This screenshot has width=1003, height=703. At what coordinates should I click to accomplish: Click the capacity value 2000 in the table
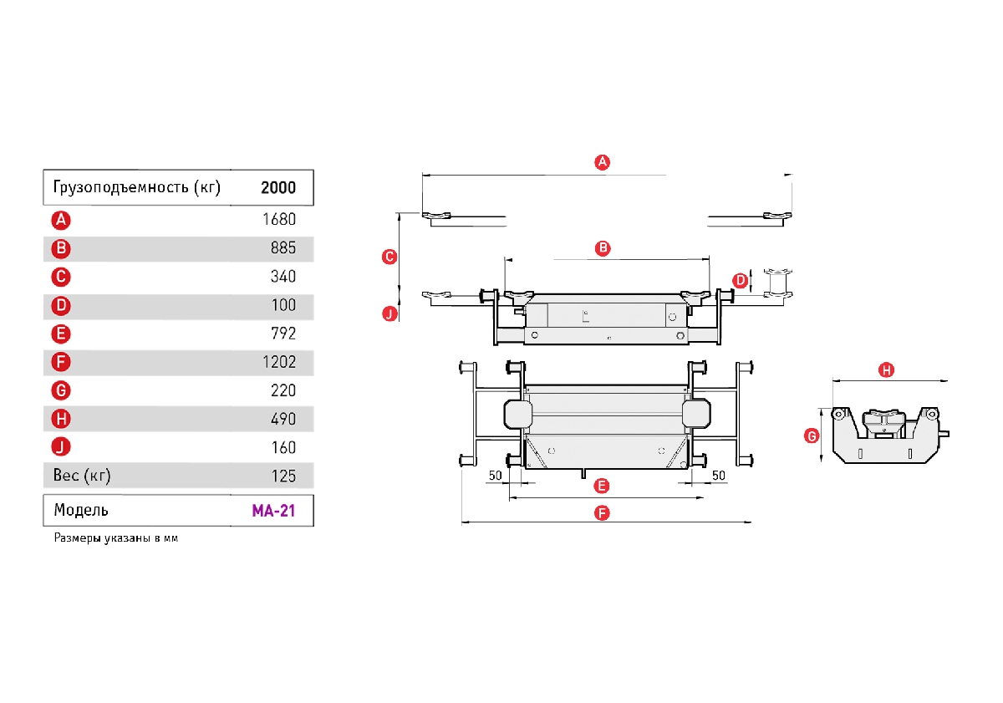277,187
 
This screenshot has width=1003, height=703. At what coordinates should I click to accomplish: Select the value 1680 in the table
278,221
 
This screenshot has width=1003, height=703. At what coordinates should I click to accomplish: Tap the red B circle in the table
60,249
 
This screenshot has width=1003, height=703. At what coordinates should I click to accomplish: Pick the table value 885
283,249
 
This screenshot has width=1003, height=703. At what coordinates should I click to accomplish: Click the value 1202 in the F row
278,362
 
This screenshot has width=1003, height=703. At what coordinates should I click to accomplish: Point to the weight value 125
283,476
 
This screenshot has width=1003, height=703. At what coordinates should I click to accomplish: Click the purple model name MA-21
272,510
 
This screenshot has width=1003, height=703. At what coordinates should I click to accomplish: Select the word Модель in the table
81,510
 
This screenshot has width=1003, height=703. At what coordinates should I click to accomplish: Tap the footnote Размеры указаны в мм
116,538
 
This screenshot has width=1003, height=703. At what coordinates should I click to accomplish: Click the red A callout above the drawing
602,162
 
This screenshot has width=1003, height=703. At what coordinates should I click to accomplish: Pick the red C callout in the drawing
389,257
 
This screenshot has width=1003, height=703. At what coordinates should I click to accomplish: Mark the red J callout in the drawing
389,314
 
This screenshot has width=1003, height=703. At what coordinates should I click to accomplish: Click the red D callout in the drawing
740,280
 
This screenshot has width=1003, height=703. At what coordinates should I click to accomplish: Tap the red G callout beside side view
810,436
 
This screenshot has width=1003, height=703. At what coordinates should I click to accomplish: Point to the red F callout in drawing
602,513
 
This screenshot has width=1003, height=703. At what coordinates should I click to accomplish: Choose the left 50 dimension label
495,475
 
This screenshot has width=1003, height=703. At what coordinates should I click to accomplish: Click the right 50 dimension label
718,475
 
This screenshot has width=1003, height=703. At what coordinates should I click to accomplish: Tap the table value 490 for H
283,419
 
